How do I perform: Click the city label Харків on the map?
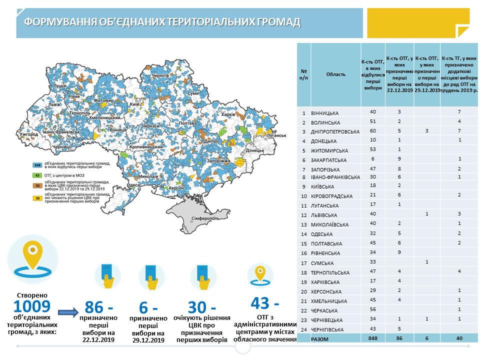[x=227, y=114]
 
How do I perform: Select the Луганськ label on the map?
[x=275, y=135]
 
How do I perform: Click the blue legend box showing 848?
[x=37, y=164]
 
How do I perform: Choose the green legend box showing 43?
[x=37, y=175]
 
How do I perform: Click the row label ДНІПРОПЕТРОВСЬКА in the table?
[x=335, y=132]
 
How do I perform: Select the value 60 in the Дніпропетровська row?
[x=372, y=131]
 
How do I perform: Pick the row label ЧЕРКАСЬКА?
[x=326, y=310]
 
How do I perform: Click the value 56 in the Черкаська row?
[x=372, y=309]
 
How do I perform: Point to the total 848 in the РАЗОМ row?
[x=372, y=338]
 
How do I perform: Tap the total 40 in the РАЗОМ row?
[x=459, y=338]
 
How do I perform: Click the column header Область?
[x=335, y=74]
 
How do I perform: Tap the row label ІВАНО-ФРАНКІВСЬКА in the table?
[x=335, y=177]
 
